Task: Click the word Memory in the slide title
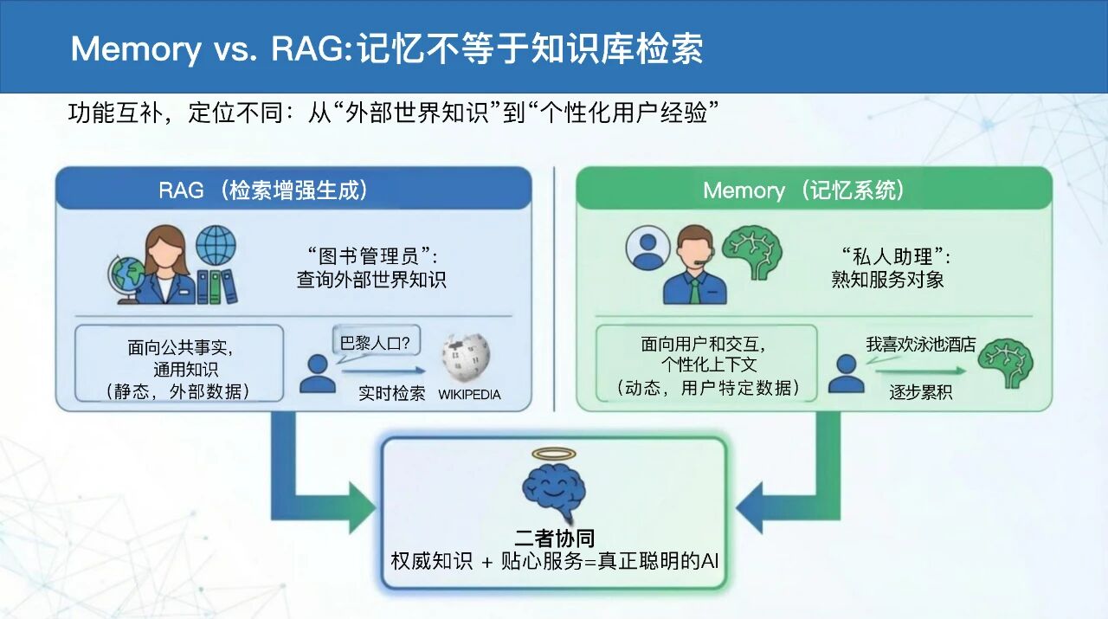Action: tap(135, 49)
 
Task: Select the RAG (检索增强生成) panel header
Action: tap(293, 190)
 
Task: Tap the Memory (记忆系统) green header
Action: tap(814, 190)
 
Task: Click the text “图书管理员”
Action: tap(372, 257)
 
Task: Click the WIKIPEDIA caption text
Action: tap(469, 395)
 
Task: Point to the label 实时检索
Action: tap(392, 393)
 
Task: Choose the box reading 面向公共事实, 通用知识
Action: tap(180, 364)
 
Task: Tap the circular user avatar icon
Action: tap(647, 248)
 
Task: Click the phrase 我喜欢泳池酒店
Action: tap(920, 345)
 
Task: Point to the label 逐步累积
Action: tap(920, 392)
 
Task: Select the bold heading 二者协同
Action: tap(554, 538)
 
